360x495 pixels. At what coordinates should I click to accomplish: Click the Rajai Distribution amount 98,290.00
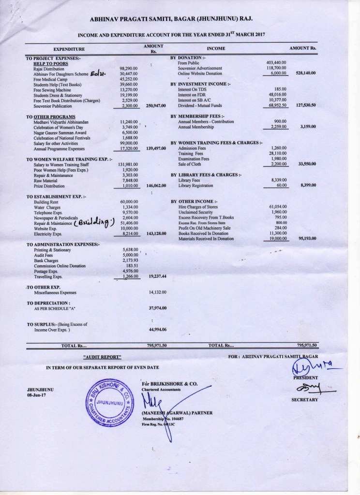[129, 69]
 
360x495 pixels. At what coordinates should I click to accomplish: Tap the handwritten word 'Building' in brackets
[97, 222]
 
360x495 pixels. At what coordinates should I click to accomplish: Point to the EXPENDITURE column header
[69, 49]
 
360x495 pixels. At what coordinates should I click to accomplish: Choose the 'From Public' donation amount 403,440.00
[276, 63]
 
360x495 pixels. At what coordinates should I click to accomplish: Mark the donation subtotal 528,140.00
[306, 73]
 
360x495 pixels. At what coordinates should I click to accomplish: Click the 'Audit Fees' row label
[43, 255]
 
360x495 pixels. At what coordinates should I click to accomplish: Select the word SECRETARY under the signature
[304, 400]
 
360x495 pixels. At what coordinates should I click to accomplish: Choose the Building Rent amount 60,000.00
[129, 201]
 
